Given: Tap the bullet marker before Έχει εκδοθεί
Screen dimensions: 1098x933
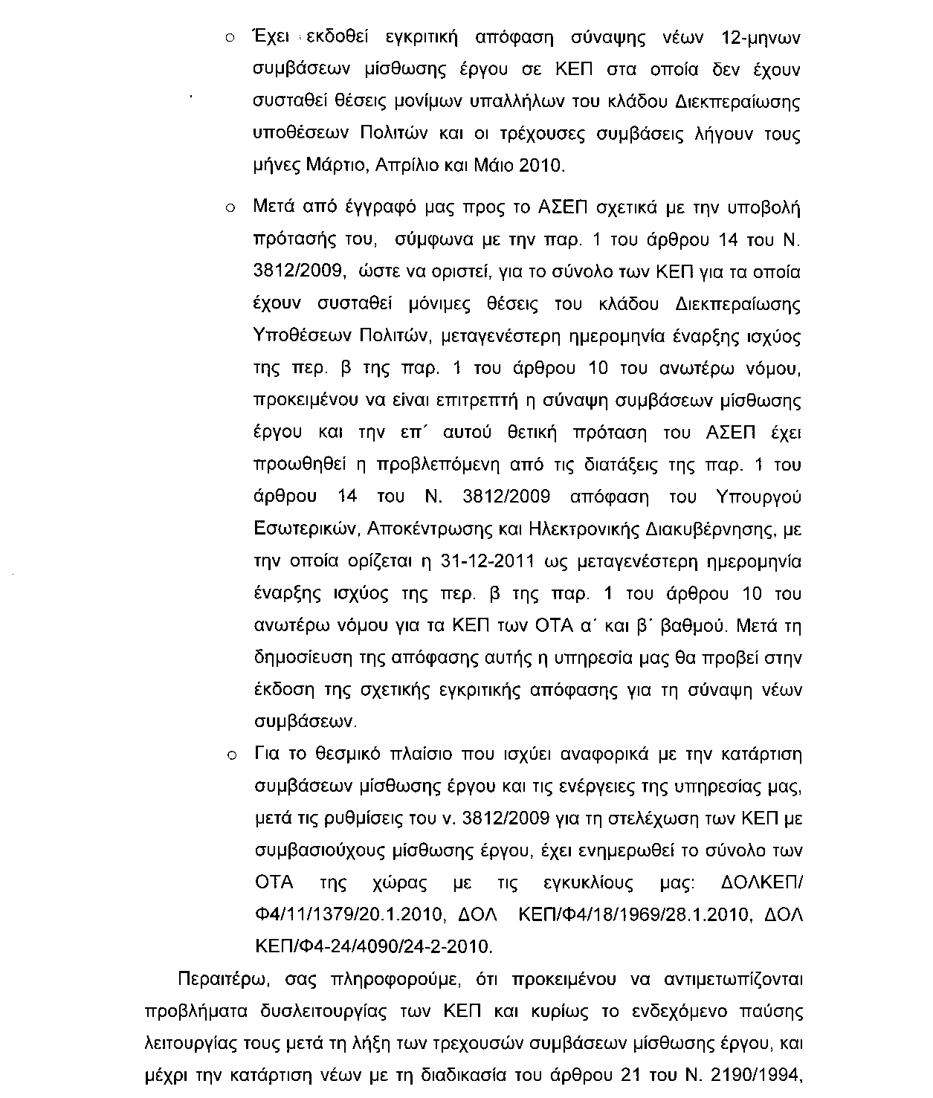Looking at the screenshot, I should tap(230, 39).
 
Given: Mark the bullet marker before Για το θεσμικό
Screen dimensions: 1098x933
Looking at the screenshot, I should tap(230, 756).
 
